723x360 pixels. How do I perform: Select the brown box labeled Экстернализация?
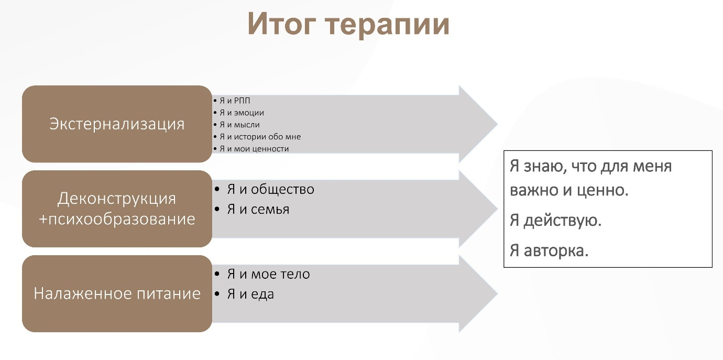[117, 124]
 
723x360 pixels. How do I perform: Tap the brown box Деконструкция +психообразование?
[117, 209]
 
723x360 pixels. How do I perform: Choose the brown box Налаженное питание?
[117, 293]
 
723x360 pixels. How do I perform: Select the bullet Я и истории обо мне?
[260, 137]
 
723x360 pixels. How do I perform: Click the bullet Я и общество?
[270, 189]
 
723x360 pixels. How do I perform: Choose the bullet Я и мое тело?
[268, 274]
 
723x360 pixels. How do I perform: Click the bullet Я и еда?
[250, 294]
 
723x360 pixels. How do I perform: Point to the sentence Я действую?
[555, 221]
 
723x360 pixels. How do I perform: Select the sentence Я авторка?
[549, 250]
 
